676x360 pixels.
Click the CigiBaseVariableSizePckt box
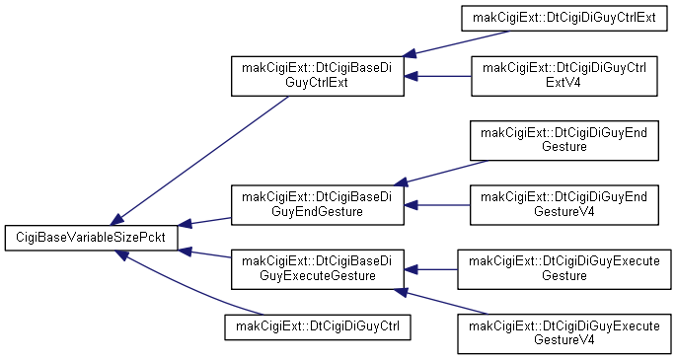pos(92,238)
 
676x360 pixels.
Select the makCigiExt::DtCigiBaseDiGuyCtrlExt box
pos(318,76)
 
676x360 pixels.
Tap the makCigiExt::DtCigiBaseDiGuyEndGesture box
pos(318,205)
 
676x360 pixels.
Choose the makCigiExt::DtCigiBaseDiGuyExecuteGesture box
pos(318,269)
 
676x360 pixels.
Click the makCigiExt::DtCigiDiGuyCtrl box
pos(318,326)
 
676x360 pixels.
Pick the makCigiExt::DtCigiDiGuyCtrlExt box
pos(563,18)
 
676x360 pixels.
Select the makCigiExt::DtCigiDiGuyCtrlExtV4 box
pos(563,76)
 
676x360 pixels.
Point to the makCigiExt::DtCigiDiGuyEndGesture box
pos(563,140)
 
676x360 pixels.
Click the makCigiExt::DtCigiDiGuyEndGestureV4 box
pos(563,205)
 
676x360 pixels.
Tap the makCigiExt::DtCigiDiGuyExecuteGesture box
pos(563,269)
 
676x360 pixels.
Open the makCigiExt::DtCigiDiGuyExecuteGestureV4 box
pos(563,333)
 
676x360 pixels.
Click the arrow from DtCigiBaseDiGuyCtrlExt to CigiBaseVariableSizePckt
pos(199,160)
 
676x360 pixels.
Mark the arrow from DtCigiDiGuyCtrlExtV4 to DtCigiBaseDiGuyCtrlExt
pos(437,76)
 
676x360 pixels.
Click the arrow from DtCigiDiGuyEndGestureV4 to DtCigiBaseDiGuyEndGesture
pos(437,205)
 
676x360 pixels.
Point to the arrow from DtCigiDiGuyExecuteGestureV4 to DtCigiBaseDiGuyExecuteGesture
pos(440,302)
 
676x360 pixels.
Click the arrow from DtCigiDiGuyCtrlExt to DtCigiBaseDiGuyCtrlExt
pos(456,43)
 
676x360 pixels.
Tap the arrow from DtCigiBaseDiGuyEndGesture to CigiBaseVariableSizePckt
pos(204,221)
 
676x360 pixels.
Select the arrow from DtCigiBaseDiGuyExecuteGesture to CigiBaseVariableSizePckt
pos(204,253)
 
